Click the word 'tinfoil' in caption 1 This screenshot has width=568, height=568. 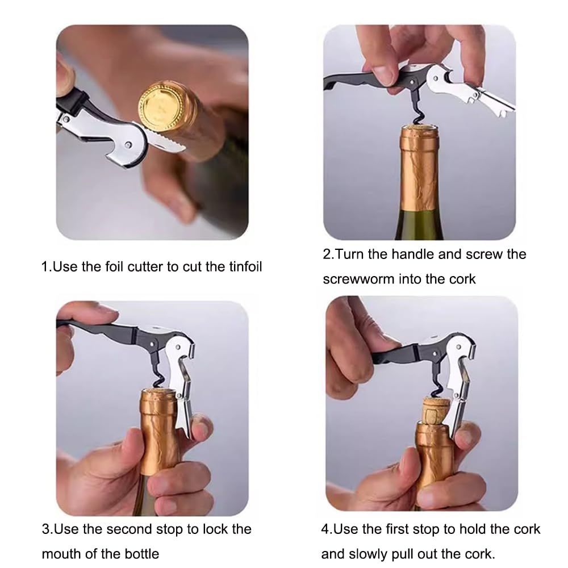(245, 267)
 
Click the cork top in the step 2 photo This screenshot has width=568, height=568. (420, 129)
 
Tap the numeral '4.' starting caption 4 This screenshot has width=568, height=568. (327, 529)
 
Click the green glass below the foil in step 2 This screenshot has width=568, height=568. (419, 224)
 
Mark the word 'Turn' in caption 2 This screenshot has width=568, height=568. (348, 254)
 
